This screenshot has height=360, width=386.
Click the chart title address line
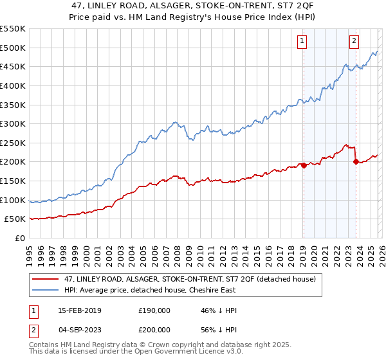point(192,6)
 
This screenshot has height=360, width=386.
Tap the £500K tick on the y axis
point(12,48)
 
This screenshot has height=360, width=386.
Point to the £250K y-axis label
point(12,143)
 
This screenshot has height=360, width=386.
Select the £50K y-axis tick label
point(15,219)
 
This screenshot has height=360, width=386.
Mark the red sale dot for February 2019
point(304,165)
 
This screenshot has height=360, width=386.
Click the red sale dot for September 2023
point(356,161)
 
